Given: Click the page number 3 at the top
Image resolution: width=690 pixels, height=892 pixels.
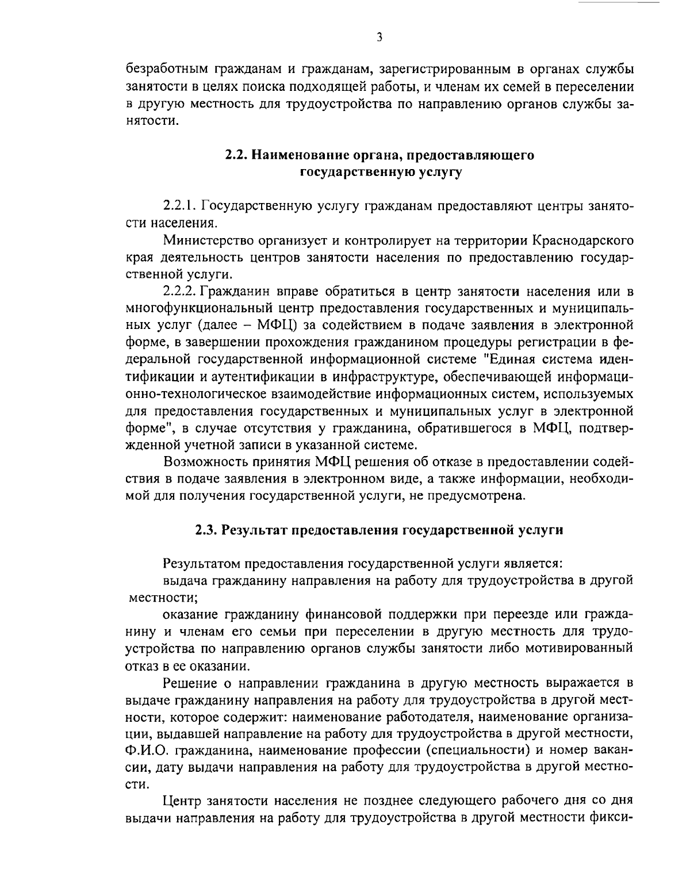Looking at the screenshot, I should click(379, 37).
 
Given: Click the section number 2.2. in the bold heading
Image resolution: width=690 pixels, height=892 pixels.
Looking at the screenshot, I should click(236, 156).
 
